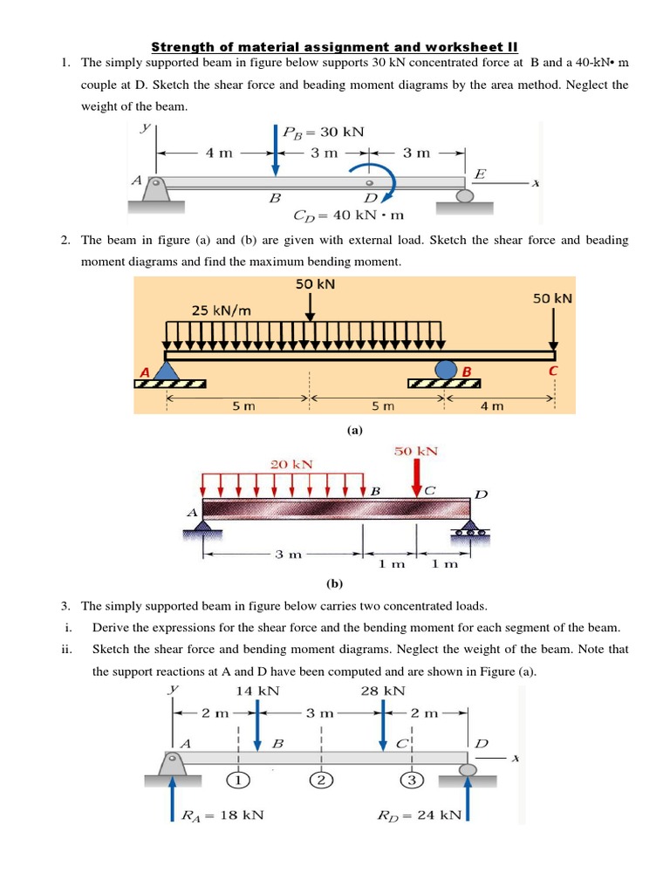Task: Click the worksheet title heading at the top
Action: (x=335, y=46)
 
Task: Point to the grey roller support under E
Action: (x=464, y=196)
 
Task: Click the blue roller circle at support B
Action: (x=446, y=369)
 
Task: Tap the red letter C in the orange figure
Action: (x=551, y=371)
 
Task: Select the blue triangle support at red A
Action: (x=167, y=371)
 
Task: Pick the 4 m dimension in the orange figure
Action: (x=493, y=406)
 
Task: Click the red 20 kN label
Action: (x=291, y=464)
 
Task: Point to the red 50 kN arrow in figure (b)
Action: (x=416, y=478)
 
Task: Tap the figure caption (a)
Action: (x=353, y=430)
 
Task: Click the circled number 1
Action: (x=237, y=780)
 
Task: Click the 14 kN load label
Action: (x=257, y=690)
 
